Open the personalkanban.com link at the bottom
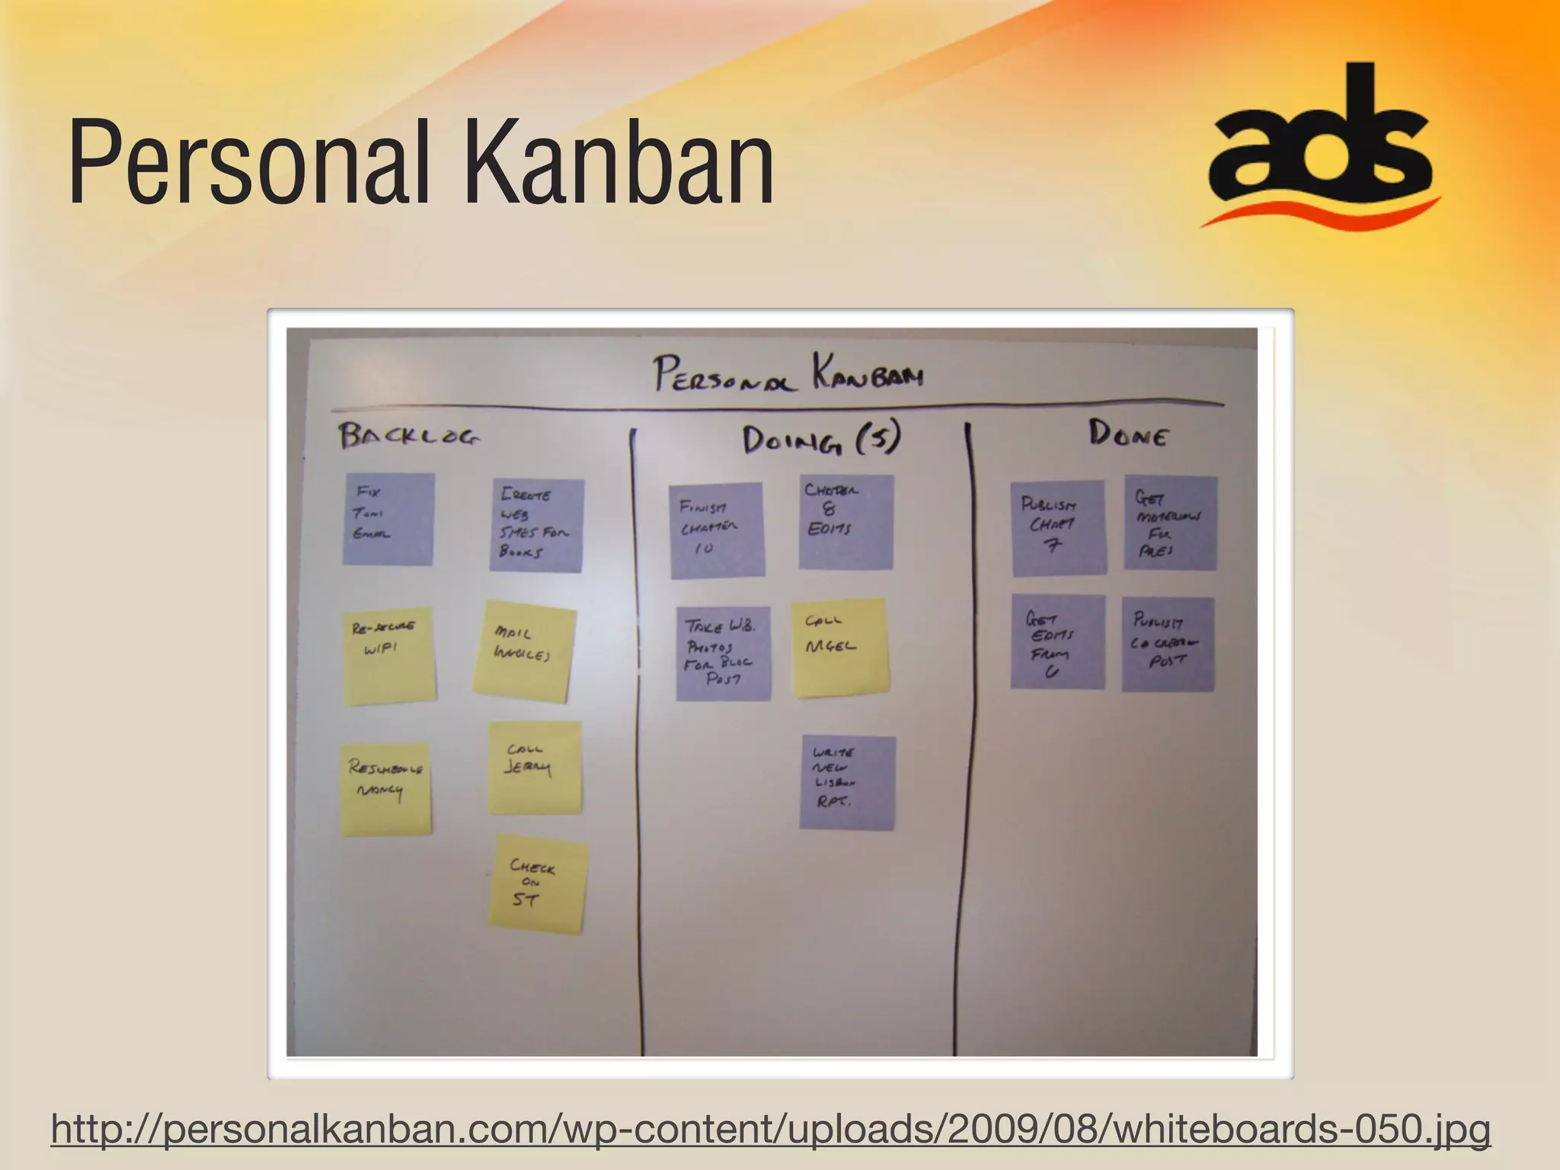[770, 1128]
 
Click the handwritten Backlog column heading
[409, 436]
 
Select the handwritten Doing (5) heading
[821, 440]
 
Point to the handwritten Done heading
[1128, 434]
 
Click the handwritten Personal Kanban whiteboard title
[788, 374]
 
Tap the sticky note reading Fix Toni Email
[388, 519]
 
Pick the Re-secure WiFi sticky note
[389, 656]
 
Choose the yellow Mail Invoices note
[524, 651]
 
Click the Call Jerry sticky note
[534, 767]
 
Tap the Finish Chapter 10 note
[717, 530]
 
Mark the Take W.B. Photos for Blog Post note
[723, 653]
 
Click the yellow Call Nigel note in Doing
[839, 647]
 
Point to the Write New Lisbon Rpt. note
[847, 782]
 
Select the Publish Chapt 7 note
[1058, 527]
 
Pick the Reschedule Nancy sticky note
[386, 789]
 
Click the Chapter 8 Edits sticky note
[846, 522]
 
